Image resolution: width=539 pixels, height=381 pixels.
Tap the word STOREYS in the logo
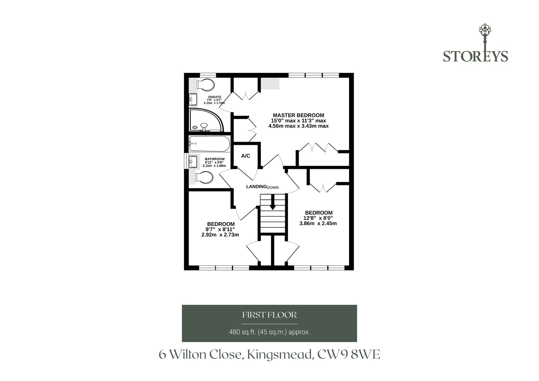click(x=476, y=56)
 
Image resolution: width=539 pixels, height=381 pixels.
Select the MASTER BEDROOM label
click(x=299, y=115)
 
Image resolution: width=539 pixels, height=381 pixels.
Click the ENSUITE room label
click(x=215, y=97)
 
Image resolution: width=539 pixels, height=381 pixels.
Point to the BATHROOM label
click(x=215, y=159)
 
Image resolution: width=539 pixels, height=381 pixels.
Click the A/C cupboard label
click(x=246, y=156)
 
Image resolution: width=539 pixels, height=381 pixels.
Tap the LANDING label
click(x=256, y=186)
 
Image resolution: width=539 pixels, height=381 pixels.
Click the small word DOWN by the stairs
click(x=273, y=188)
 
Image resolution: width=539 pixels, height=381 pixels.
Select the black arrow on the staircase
click(x=272, y=202)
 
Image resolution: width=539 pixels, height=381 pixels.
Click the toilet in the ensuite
click(x=205, y=84)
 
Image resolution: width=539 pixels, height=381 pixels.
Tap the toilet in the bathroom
click(x=204, y=178)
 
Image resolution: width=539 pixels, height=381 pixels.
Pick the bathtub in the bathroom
click(x=209, y=144)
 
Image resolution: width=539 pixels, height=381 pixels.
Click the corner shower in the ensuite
click(x=206, y=120)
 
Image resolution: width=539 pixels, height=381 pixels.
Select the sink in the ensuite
click(x=193, y=99)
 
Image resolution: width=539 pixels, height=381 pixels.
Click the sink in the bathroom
click(x=193, y=162)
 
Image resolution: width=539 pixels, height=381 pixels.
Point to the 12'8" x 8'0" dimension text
click(x=318, y=218)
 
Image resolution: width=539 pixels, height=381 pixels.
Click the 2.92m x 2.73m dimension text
click(x=220, y=235)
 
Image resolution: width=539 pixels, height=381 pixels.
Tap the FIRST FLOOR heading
click(x=269, y=315)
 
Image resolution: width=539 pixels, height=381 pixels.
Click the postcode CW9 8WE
click(x=349, y=354)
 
